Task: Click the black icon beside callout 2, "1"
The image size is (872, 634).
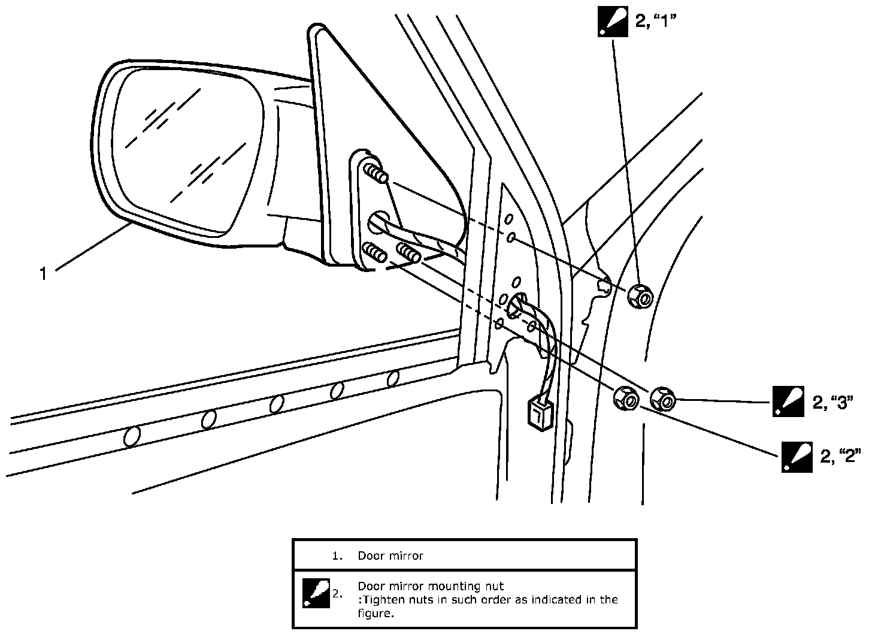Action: tap(613, 22)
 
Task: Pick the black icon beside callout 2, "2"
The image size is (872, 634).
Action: tap(797, 457)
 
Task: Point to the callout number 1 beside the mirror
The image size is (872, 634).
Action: tap(43, 274)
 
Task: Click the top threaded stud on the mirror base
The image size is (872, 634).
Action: tap(376, 174)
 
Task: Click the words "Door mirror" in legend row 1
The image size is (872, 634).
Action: tap(390, 555)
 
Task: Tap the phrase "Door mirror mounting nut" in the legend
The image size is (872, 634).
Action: tap(430, 586)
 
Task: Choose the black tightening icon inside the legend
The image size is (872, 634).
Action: tap(316, 593)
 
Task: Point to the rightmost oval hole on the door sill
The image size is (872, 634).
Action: tap(393, 379)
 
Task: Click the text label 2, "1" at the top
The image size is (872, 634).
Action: tap(656, 23)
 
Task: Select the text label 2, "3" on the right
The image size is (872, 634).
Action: tap(832, 403)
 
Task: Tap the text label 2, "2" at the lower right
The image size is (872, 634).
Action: tap(840, 457)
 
